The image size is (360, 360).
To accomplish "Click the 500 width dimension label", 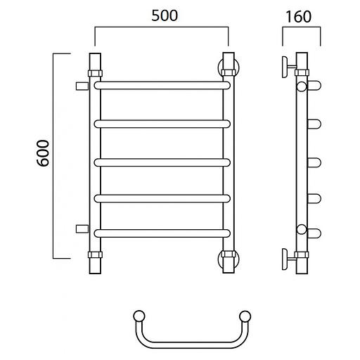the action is point(165,15).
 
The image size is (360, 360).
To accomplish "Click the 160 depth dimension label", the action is point(298,17).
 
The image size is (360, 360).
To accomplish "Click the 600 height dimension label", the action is point(44,153).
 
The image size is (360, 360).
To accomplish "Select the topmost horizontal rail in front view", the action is point(162,85).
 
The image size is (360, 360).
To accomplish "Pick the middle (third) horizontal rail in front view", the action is point(162,162).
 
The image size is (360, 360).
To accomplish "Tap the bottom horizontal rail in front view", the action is point(162,233).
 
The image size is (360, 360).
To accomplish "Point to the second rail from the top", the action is point(162,124).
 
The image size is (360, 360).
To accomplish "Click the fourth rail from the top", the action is point(162,198).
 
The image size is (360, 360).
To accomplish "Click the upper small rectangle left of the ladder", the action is point(82,86).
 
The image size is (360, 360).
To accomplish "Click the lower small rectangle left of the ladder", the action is point(82,229).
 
